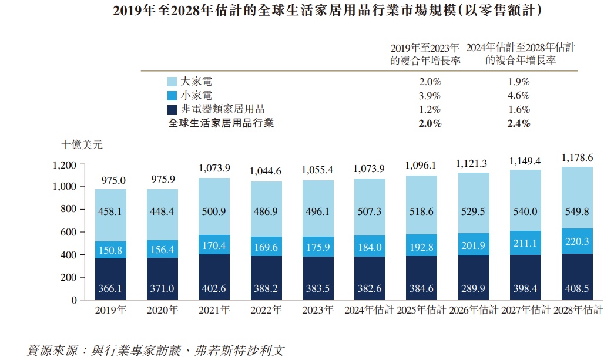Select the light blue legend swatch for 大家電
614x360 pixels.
(x=172, y=82)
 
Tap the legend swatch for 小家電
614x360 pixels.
(x=172, y=96)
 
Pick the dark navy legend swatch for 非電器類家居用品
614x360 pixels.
(x=172, y=109)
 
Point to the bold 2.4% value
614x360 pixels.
(x=518, y=123)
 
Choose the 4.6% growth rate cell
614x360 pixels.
(x=518, y=96)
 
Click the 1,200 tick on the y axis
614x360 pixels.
(x=65, y=165)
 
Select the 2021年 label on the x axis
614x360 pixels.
(x=214, y=310)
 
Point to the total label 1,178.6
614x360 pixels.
(x=578, y=158)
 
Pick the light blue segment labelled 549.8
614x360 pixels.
(x=578, y=212)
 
